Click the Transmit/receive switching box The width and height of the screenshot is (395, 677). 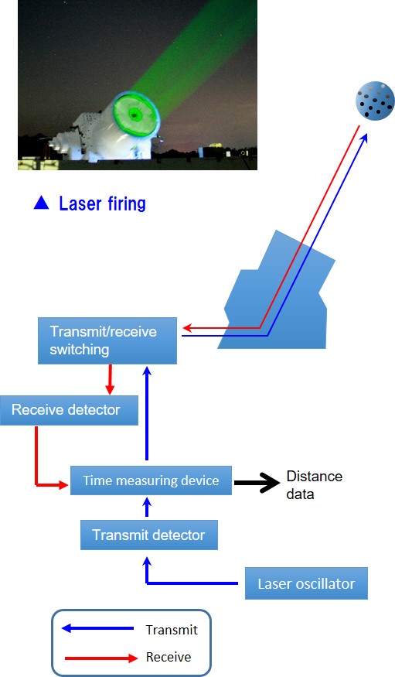107,340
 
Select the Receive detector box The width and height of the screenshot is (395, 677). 69,410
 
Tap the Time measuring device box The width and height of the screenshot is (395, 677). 151,480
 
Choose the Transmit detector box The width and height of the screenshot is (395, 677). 148,535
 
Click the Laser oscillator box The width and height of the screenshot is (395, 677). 306,583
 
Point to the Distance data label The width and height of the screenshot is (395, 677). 315,485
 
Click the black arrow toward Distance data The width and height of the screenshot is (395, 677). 257,482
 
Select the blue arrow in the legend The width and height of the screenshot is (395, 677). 97,628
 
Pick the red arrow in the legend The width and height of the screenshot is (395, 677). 101,658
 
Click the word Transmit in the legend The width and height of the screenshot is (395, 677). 172,630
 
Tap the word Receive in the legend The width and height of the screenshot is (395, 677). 169,657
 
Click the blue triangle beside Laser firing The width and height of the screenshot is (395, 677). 42,203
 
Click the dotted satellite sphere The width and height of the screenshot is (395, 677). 375,101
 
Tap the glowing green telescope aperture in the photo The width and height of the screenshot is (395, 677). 135,115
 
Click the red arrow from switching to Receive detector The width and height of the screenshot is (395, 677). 110,379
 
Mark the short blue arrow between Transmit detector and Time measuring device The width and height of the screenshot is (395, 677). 147,507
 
